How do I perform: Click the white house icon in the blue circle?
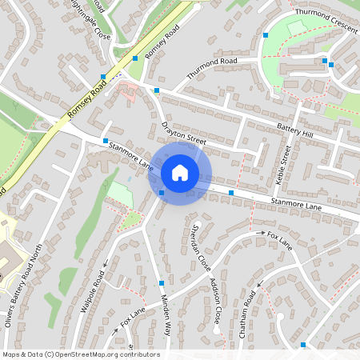pos(180,173)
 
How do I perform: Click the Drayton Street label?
pos(184,130)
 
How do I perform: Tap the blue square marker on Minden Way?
pos(162,283)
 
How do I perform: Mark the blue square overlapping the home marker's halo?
pos(162,193)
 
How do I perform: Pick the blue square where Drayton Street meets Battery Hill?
pos(157,90)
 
